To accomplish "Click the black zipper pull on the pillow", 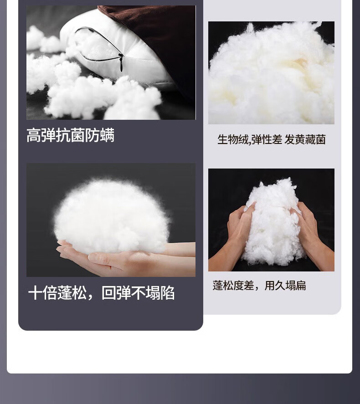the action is coord(121,63).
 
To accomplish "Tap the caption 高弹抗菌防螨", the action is coord(70,135).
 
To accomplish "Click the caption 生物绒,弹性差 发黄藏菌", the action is coord(271,139).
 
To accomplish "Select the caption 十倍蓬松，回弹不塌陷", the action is coord(101,293).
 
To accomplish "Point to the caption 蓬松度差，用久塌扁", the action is coord(259,286).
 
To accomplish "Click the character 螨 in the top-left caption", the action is coord(107,135).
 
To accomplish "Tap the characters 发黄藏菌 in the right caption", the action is coord(305,139).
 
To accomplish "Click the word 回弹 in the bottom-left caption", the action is coord(116,293).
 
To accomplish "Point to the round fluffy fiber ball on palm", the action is coord(111,216).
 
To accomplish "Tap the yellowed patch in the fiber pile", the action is coord(299,64).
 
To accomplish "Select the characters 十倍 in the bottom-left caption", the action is coord(43,293).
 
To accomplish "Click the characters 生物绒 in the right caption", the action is coord(233,139).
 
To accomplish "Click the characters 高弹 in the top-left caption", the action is coord(41,135).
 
